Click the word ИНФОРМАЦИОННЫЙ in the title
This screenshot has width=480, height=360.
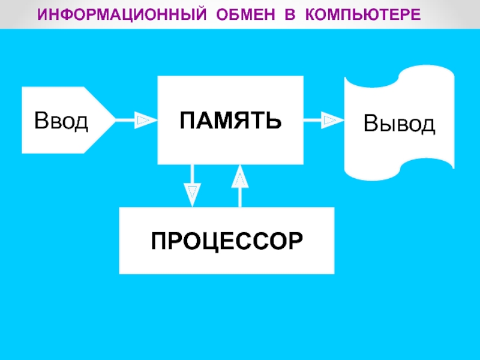click(122, 14)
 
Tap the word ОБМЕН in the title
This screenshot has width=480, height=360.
click(245, 14)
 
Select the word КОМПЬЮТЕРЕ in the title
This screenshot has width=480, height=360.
click(363, 14)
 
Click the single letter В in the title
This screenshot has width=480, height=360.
click(290, 14)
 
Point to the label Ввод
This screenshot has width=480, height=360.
click(61, 121)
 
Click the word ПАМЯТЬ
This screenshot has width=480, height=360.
click(230, 121)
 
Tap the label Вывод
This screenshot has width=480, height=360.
click(399, 124)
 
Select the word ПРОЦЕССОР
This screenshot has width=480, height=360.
click(227, 241)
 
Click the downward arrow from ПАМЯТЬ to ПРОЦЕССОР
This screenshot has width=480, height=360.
click(192, 186)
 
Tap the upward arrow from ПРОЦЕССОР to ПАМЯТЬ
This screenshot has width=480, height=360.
click(240, 186)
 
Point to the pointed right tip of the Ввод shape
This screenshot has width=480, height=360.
click(116, 120)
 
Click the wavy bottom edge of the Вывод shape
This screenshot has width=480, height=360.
click(399, 172)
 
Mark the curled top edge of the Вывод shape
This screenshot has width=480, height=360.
click(399, 75)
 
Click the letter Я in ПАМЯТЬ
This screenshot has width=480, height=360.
click(241, 121)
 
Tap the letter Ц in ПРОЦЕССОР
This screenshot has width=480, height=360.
click(211, 242)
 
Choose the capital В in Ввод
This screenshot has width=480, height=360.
click(41, 121)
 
